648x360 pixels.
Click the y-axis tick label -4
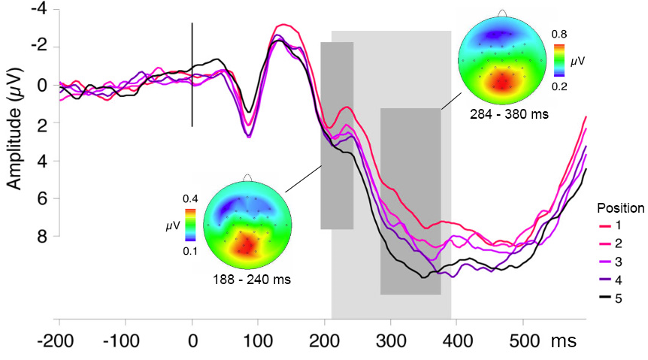pos(38,9)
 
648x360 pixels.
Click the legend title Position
pos(620,207)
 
